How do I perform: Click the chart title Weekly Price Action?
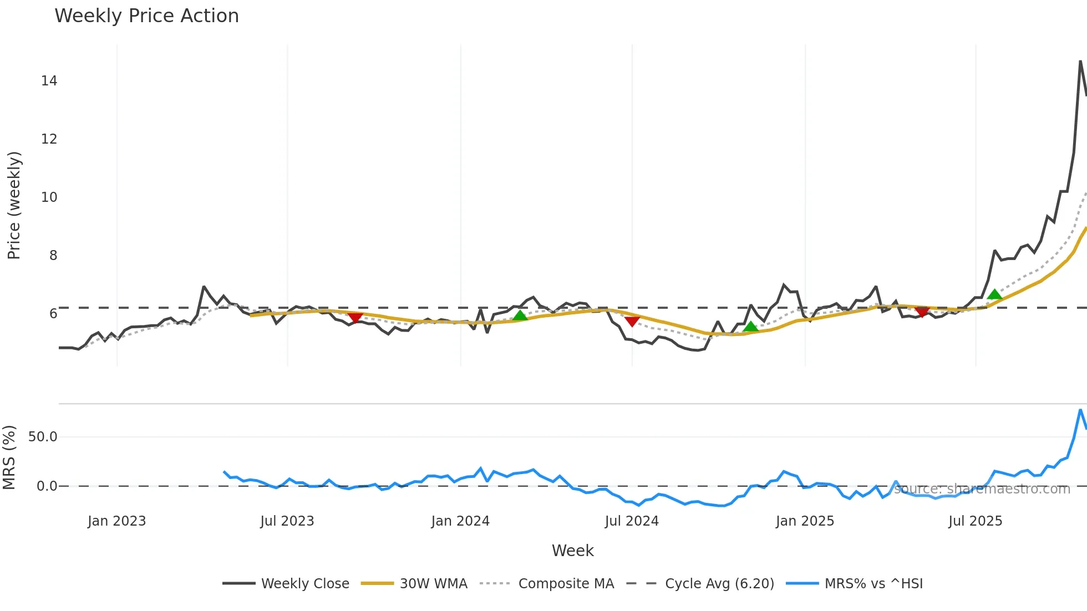pos(146,16)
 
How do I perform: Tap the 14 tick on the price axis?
pos(49,81)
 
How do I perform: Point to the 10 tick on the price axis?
pos(49,197)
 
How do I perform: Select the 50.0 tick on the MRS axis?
pos(43,437)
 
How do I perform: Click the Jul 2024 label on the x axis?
pos(632,521)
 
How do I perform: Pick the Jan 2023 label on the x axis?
pos(116,521)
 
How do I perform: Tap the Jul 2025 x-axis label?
pos(975,521)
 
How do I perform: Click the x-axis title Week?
pos(572,551)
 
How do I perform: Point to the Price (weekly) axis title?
pos(14,205)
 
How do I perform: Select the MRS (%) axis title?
pos(9,457)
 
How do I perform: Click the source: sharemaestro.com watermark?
pos(982,489)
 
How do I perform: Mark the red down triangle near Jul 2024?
pos(632,321)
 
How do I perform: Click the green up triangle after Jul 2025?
pos(994,294)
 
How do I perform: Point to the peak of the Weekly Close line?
pos(1080,62)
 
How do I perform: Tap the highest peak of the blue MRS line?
pos(1080,410)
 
